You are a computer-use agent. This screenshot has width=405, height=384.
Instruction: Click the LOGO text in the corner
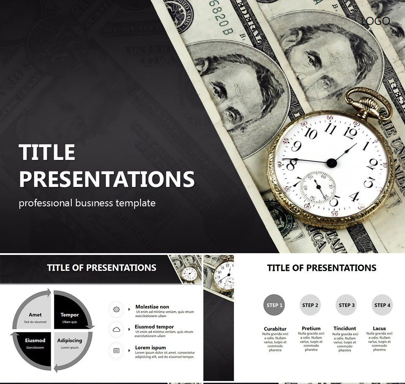[x=375, y=21]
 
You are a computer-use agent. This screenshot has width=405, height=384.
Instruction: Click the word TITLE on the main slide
[x=47, y=152]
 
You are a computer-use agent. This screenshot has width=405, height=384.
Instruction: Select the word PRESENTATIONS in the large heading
[x=107, y=179]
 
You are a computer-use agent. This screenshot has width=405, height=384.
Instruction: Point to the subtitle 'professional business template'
[x=87, y=203]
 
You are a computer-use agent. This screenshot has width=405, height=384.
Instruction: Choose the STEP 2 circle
[x=310, y=305]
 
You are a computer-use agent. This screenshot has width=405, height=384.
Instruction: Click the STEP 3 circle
[x=347, y=305]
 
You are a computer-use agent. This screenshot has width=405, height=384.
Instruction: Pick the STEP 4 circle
[x=383, y=305]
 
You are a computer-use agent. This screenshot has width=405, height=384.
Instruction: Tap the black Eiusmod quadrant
[x=35, y=342]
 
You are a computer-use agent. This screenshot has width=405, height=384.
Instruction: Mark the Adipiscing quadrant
[x=70, y=342]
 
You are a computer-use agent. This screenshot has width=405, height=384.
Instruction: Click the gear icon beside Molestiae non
[x=116, y=309]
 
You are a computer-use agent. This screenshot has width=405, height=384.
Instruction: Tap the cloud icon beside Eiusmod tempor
[x=116, y=330]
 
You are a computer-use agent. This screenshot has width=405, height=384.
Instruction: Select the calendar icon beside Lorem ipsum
[x=116, y=350]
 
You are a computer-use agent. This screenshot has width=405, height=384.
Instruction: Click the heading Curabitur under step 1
[x=275, y=329]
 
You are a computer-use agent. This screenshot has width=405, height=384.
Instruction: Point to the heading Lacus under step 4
[x=379, y=328]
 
